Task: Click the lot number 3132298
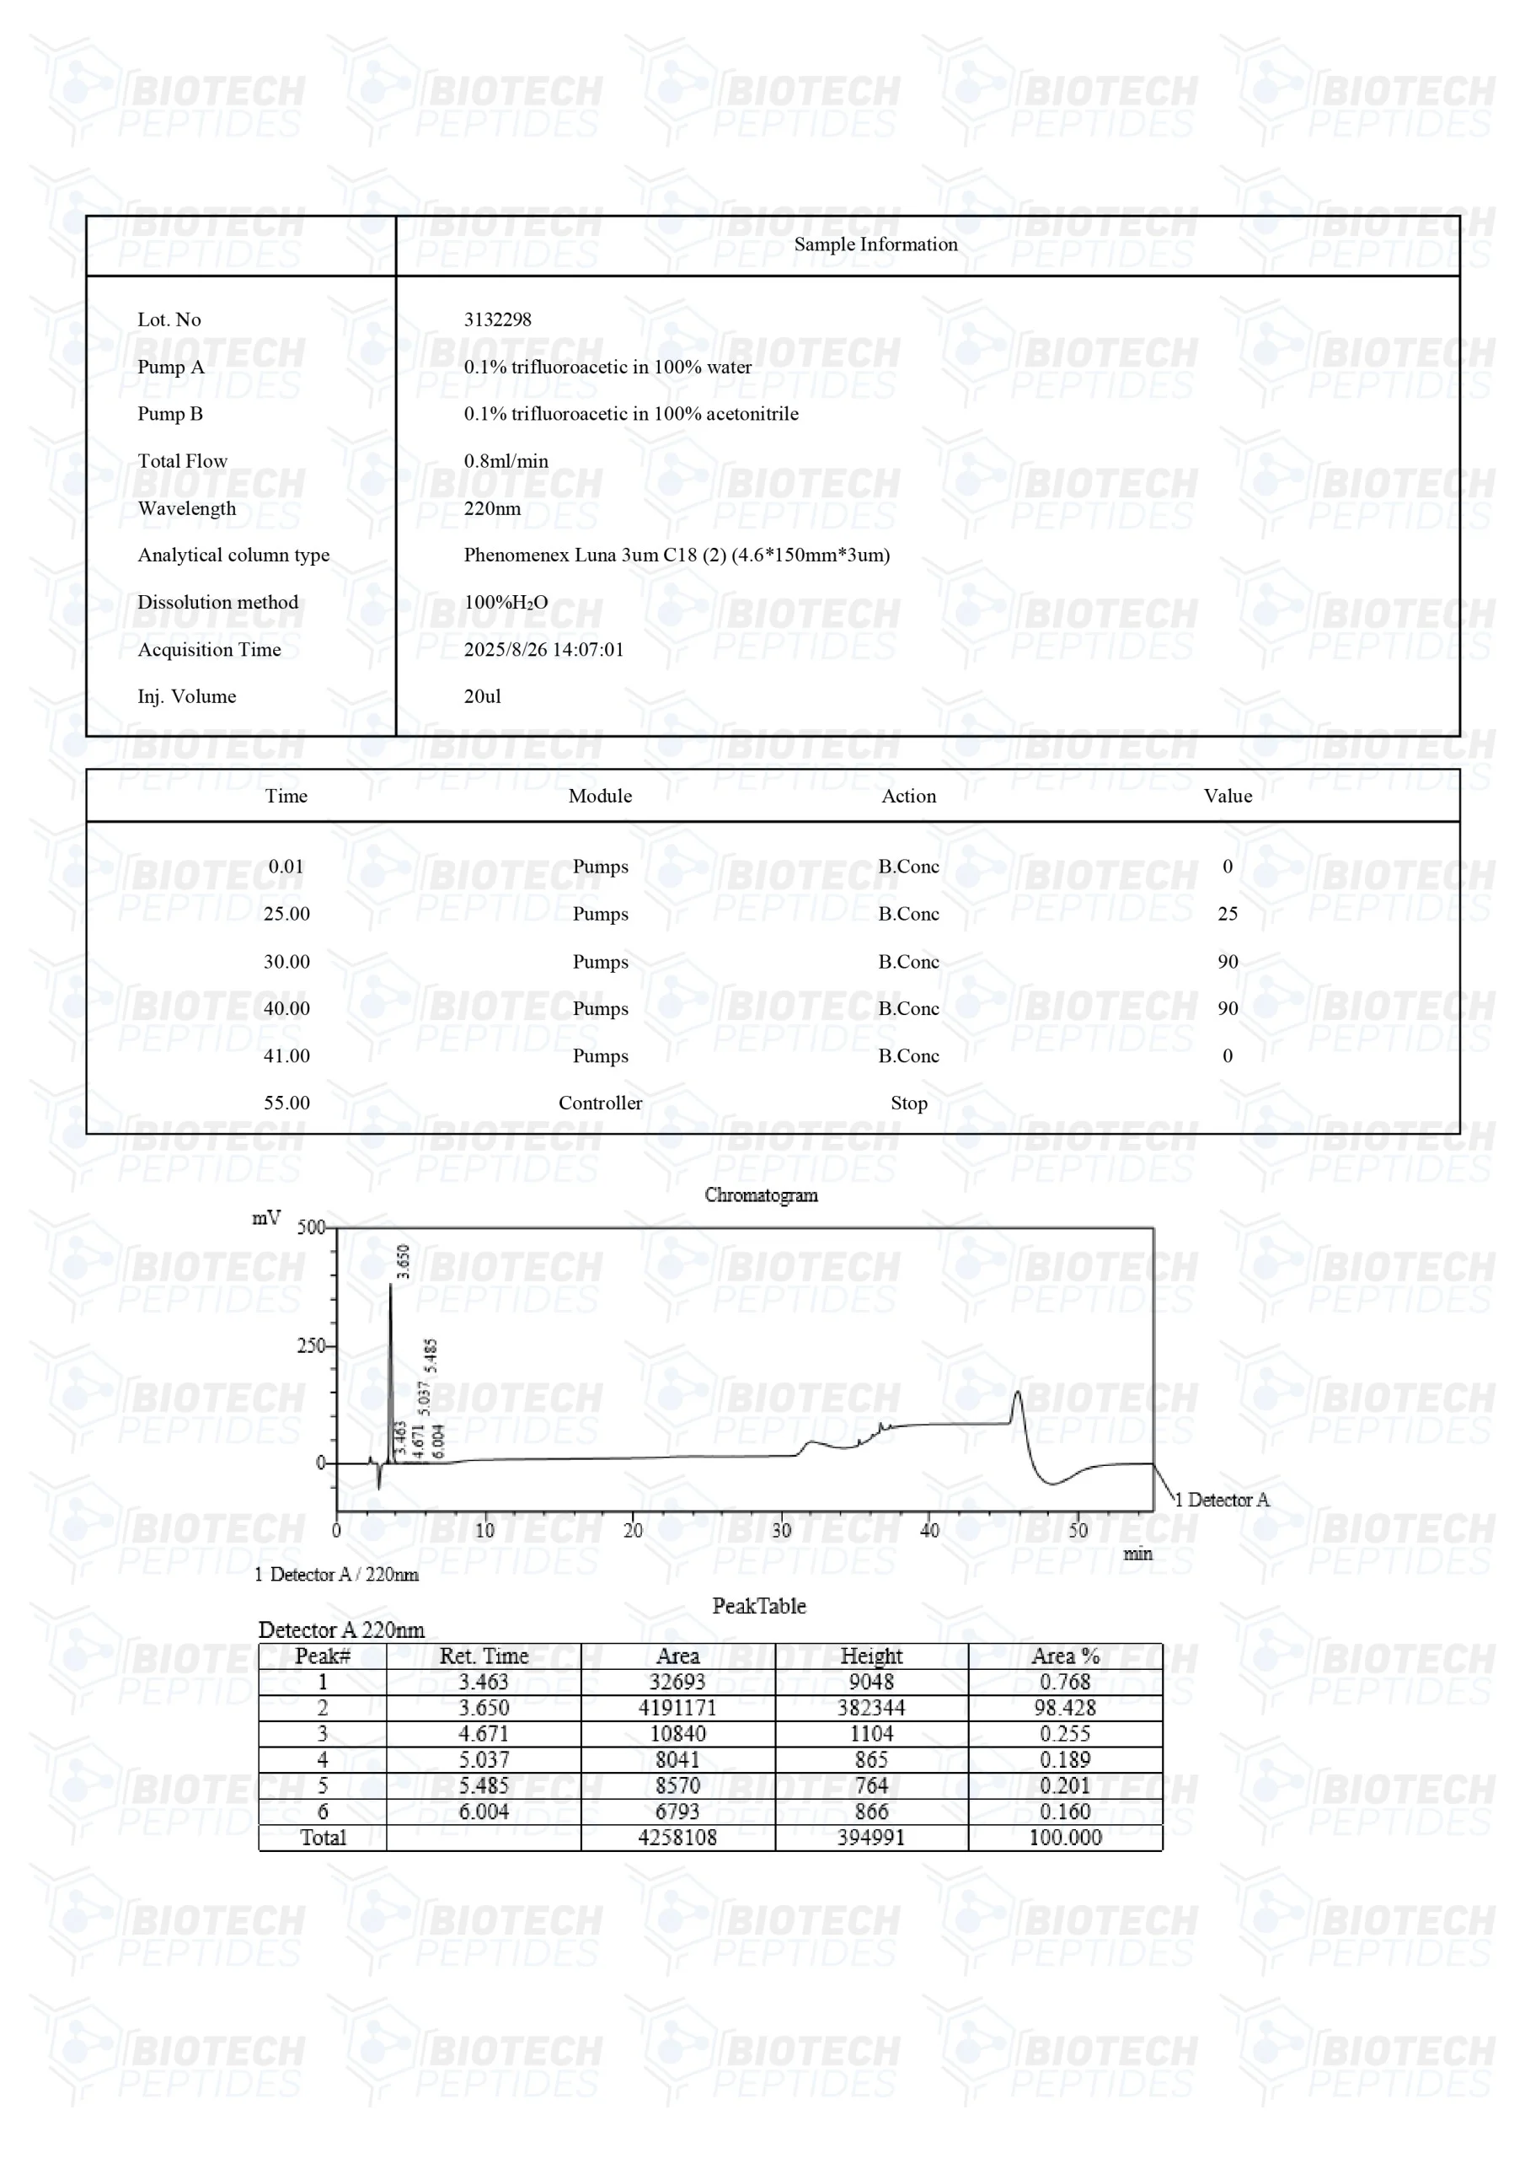tap(497, 319)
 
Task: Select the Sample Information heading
tap(875, 244)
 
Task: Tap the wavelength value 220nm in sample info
tap(492, 508)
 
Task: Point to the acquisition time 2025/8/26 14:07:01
tap(543, 649)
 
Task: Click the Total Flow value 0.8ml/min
tap(506, 461)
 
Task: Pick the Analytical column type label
tap(233, 556)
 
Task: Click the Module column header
tap(600, 796)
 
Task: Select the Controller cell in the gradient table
tap(600, 1103)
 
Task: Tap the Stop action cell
tap(908, 1103)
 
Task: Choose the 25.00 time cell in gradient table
tap(286, 915)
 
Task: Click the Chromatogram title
tap(761, 1195)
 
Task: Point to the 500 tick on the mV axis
tap(311, 1227)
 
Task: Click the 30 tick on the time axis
tap(782, 1531)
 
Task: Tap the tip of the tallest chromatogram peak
tap(391, 1284)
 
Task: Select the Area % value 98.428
tap(1065, 1708)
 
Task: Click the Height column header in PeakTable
tap(871, 1656)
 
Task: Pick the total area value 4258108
tap(677, 1838)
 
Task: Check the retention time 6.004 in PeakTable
tap(484, 1812)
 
